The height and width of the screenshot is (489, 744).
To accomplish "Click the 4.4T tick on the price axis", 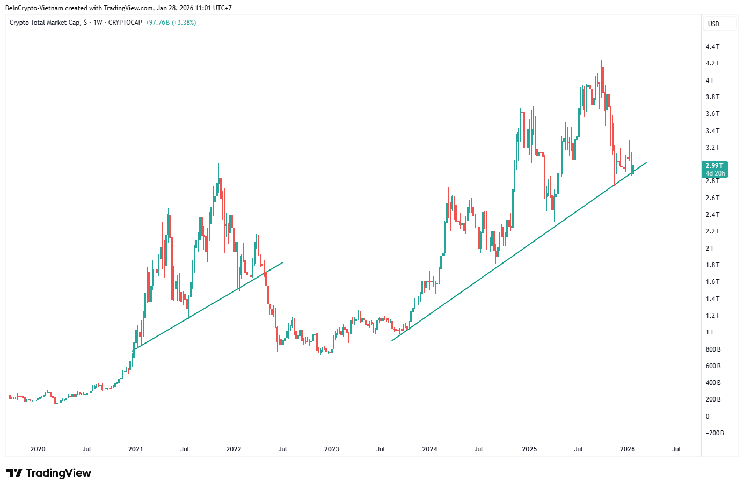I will [712, 47].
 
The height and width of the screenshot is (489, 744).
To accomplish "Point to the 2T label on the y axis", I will [710, 248].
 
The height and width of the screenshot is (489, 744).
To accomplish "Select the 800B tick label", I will [713, 349].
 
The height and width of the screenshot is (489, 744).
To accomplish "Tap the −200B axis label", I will [714, 433].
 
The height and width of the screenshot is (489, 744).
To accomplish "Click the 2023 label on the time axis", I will [332, 449].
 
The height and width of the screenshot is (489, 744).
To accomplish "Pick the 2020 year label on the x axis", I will [38, 449].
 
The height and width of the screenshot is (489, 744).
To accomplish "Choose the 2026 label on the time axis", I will [627, 449].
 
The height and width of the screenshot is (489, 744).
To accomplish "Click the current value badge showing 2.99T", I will [714, 166].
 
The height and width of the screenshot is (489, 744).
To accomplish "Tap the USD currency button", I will [713, 24].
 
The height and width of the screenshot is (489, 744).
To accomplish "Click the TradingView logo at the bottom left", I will [49, 473].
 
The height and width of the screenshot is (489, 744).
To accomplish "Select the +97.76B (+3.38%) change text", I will [171, 23].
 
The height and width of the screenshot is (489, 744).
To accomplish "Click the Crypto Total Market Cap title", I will [45, 23].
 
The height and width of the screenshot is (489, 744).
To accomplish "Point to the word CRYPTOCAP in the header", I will [125, 23].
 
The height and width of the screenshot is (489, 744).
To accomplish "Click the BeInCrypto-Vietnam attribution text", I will [34, 8].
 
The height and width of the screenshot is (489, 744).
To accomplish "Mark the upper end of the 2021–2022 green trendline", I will [283, 262].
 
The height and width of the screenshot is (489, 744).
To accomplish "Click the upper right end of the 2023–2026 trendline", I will [646, 162].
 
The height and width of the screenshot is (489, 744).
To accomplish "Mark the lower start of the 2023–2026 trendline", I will [392, 340].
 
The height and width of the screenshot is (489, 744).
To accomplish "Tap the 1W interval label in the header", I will [98, 23].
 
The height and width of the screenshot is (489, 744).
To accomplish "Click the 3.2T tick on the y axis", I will [712, 148].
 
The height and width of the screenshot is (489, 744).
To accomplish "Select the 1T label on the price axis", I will [710, 332].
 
